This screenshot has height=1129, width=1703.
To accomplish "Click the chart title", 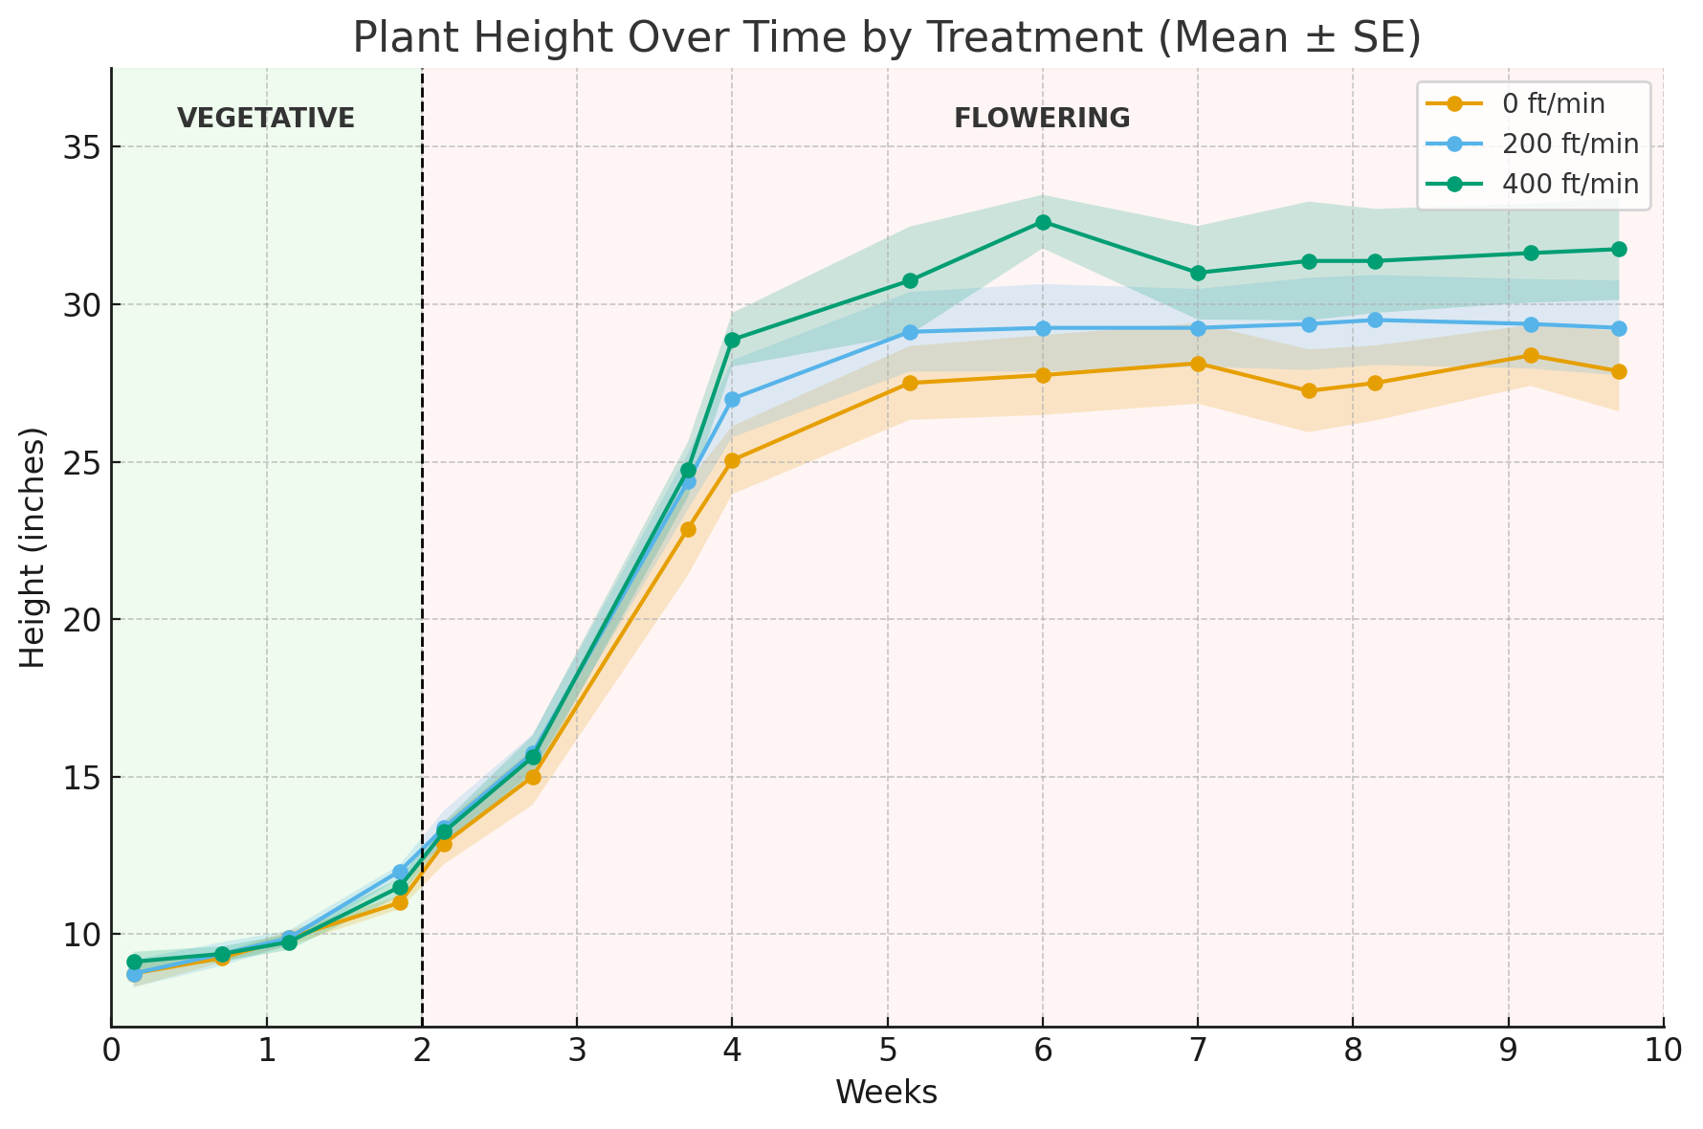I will tap(886, 38).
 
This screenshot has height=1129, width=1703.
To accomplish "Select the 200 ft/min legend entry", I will tap(1569, 144).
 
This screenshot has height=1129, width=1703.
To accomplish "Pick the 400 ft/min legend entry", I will tap(1569, 184).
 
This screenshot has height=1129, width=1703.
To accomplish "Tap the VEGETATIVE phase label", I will tap(266, 119).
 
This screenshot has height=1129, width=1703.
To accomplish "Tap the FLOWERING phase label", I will tap(1042, 119).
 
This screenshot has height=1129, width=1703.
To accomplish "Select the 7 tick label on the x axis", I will tap(1198, 1051).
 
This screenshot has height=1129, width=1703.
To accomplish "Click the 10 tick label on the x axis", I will tap(1663, 1051).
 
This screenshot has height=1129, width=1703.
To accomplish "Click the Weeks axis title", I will tap(886, 1093).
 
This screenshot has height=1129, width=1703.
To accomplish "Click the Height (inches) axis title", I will tap(33, 547).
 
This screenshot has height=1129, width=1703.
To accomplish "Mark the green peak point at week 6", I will tap(1043, 222).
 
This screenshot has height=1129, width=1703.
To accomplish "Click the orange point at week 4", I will tap(732, 460).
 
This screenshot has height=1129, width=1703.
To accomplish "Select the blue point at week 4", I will tap(732, 399).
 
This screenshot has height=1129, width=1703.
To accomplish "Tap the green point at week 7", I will tap(1198, 273).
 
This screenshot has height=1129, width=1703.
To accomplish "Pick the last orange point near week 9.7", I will tap(1619, 371).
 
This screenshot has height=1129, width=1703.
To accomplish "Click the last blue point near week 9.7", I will tap(1619, 328).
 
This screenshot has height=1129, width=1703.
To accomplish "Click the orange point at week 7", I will tap(1198, 364).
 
